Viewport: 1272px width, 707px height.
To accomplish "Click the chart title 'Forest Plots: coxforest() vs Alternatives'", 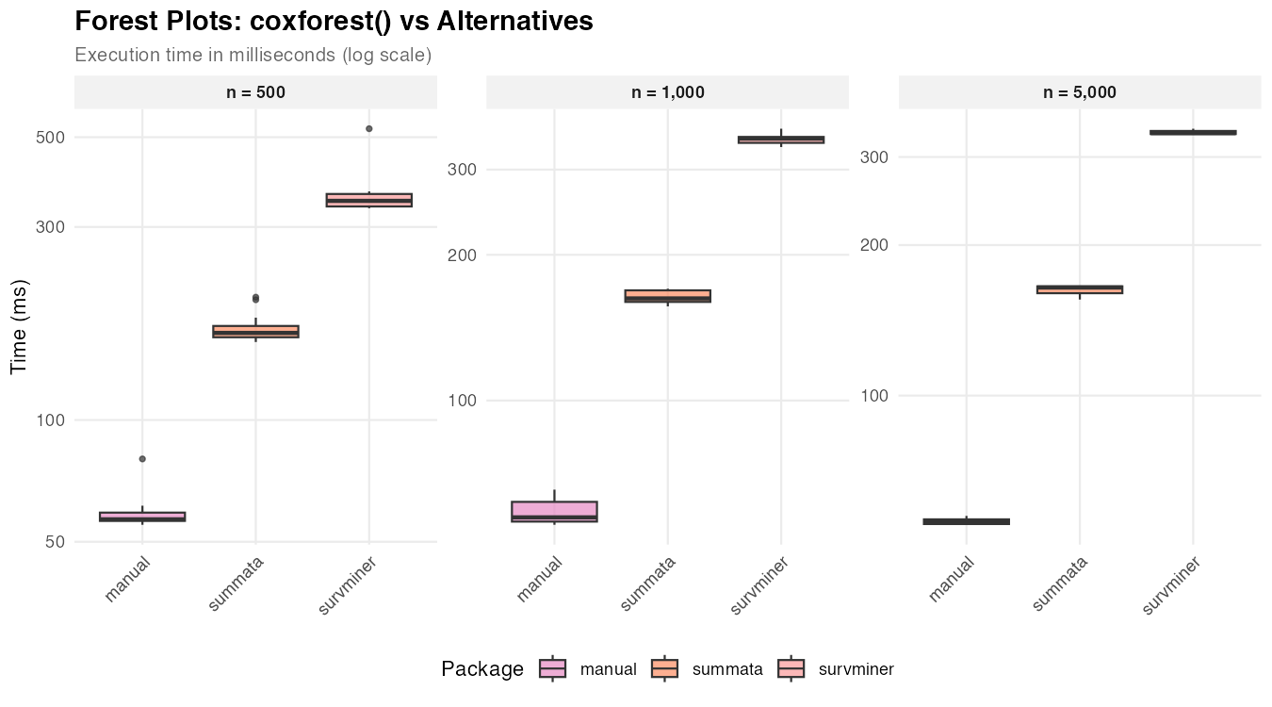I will pyautogui.click(x=334, y=22).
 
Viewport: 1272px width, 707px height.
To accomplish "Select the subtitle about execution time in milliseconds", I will pyautogui.click(x=253, y=56).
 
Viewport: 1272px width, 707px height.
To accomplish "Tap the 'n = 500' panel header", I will pyautogui.click(x=255, y=92).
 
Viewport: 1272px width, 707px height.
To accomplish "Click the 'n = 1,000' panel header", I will pyautogui.click(x=667, y=92).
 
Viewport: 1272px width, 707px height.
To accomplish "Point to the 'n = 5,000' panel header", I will pyautogui.click(x=1079, y=92).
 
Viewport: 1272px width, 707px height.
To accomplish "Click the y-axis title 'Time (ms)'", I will pyautogui.click(x=20, y=326).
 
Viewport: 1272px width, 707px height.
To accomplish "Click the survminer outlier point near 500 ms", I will pyautogui.click(x=369, y=128).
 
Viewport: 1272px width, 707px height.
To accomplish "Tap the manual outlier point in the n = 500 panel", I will pyautogui.click(x=142, y=459).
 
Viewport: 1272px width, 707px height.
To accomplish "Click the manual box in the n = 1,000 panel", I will pyautogui.click(x=554, y=511).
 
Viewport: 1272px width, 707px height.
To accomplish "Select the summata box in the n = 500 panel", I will pyautogui.click(x=255, y=331).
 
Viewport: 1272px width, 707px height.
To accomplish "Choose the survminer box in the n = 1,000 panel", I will pyautogui.click(x=781, y=140).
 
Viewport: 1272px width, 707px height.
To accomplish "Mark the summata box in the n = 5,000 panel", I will pyautogui.click(x=1079, y=289).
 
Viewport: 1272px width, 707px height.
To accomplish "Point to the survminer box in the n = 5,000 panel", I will pyautogui.click(x=1193, y=132).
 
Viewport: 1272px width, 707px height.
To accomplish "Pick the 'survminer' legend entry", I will pyautogui.click(x=856, y=669).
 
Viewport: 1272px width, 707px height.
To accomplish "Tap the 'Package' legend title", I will pyautogui.click(x=481, y=669).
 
